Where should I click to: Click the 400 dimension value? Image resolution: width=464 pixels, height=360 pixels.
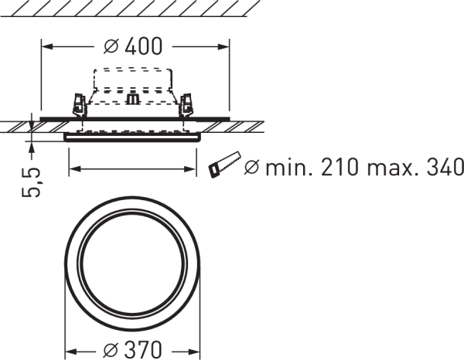tap(144, 46)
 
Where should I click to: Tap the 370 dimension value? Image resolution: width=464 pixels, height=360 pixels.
tap(143, 350)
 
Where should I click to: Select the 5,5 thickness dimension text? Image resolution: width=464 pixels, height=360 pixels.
tap(31, 182)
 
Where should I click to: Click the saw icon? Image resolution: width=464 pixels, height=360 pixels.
tap(225, 165)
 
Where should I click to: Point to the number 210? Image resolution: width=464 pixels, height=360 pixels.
tap(340, 167)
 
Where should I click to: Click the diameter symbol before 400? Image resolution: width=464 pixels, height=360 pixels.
tap(111, 46)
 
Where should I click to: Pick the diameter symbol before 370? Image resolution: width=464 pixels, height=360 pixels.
tap(111, 350)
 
